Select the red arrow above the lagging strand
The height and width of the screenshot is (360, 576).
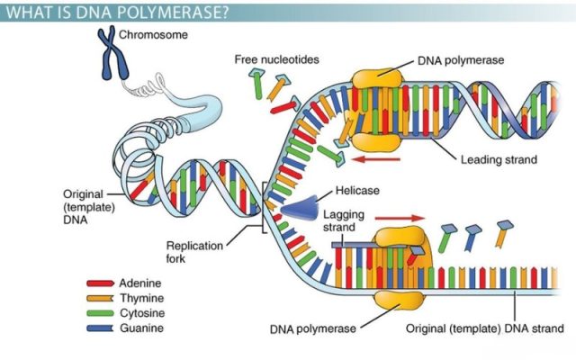coord(399,218)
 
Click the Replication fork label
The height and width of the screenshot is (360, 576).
coord(193,251)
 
